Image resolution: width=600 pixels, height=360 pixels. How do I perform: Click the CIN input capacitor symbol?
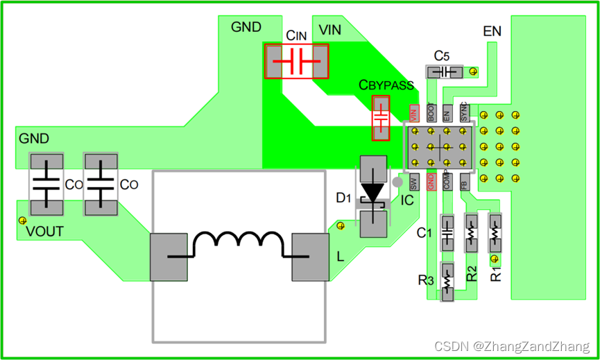297,62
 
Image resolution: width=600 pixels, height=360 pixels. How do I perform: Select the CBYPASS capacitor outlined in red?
381,118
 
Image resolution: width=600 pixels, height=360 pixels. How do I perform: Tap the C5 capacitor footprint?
444,71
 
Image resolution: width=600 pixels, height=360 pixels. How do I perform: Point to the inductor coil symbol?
239,241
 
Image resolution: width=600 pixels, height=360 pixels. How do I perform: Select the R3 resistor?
447,280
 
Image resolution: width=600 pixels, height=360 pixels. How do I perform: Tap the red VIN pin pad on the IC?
414,112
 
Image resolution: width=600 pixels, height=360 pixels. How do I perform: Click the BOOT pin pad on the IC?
431,112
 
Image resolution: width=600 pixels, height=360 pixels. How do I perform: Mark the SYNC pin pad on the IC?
464,112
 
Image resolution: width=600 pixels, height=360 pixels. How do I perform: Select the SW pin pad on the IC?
414,182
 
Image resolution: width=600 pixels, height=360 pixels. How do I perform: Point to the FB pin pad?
464,182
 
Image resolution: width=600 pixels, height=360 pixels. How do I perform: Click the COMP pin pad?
447,182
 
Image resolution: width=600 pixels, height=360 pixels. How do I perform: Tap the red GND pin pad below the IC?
431,182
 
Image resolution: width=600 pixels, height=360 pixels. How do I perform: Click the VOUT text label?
45,232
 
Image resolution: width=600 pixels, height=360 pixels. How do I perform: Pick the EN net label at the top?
492,32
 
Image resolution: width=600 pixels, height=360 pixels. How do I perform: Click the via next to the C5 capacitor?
473,71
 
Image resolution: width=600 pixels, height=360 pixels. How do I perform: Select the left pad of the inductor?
169,256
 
